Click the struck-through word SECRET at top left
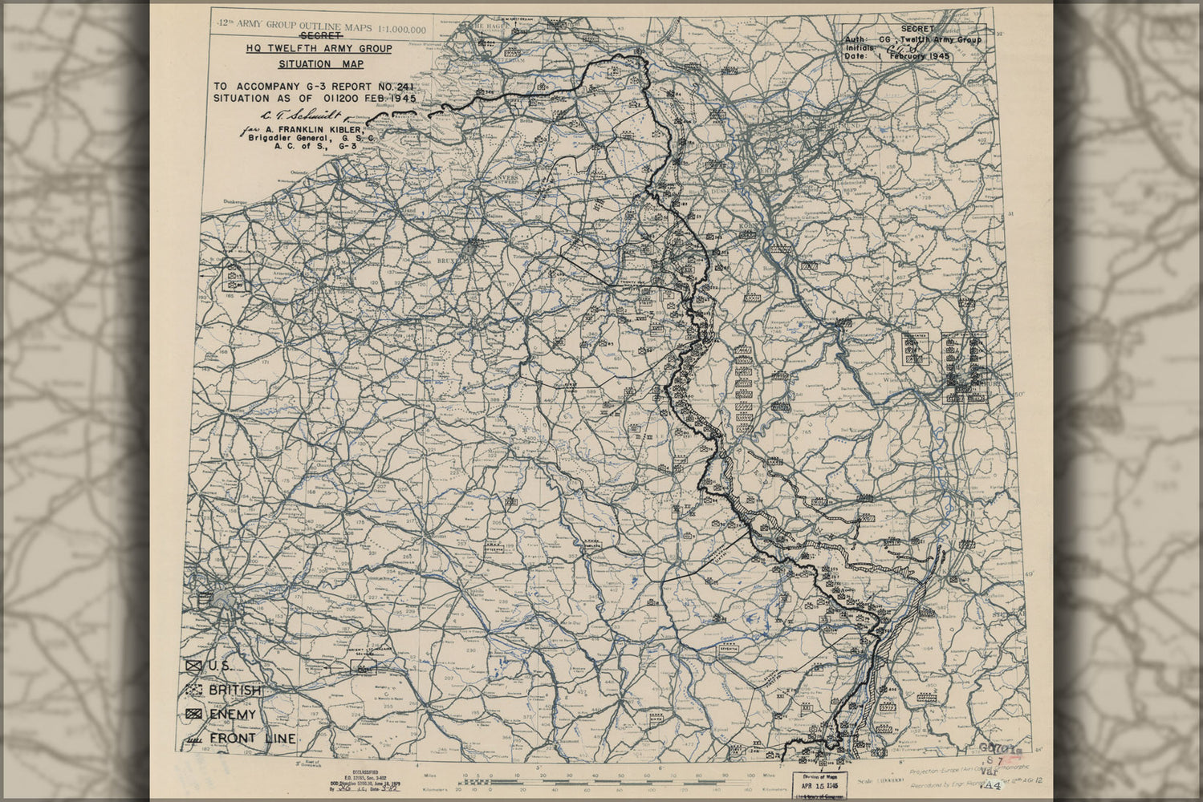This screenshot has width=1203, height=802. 319,36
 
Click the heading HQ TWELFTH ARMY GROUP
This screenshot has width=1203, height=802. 319,49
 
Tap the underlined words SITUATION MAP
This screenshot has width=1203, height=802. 320,64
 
